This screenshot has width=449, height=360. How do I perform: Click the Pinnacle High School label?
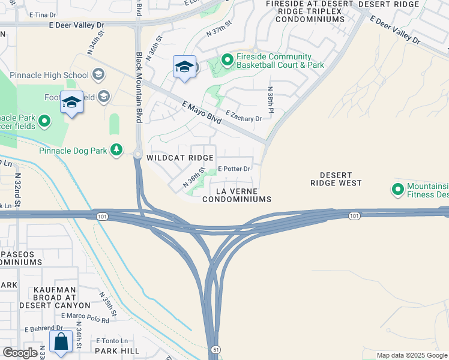(x=53, y=75)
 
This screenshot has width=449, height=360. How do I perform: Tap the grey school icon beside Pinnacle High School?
(x=98, y=75)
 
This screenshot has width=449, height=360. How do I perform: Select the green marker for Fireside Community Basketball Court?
(x=227, y=60)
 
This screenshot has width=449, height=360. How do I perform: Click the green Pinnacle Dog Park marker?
(x=116, y=150)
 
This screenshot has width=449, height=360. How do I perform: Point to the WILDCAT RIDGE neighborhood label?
(x=180, y=158)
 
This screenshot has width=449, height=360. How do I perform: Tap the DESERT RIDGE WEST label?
(x=336, y=178)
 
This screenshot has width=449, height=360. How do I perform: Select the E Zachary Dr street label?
(x=243, y=116)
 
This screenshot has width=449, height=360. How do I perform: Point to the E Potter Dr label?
(x=233, y=169)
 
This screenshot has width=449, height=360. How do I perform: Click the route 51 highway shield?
(x=214, y=349)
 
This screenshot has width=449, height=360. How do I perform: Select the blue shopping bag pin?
(x=61, y=343)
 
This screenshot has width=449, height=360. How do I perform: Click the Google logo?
(x=20, y=353)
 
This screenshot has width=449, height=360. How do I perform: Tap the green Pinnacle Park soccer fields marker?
(x=45, y=122)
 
